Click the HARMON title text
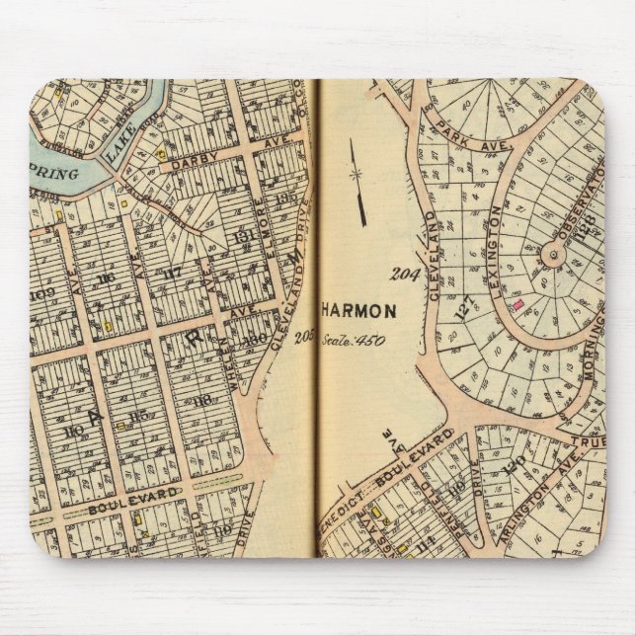coord(362,310)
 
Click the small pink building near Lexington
coord(516,307)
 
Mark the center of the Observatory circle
coord(553,257)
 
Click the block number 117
coord(173,274)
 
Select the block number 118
coord(203,400)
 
